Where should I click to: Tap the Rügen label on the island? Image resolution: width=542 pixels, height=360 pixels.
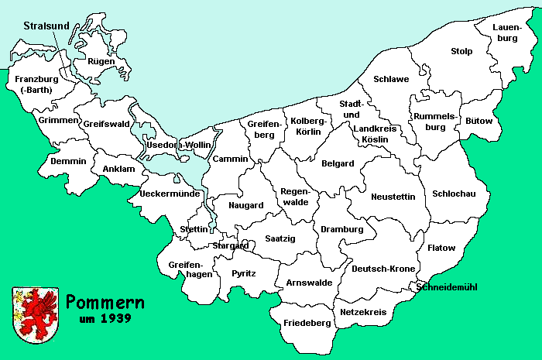coord(101,61)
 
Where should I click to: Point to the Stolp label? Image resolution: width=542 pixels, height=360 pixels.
coord(461,52)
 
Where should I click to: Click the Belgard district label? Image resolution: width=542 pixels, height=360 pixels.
coord(338,163)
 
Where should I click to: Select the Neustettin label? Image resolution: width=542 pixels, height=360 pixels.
coord(393,196)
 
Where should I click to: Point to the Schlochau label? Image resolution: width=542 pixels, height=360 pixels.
coord(454,194)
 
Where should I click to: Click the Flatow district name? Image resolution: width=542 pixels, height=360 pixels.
coord(441,249)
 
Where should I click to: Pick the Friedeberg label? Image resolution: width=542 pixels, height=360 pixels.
coord(302,321)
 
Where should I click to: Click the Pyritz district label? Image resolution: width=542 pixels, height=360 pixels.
coord(243,274)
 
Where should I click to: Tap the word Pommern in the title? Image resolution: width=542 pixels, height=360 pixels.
coord(101,300)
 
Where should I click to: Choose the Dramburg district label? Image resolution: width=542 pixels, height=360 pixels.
coord(341,230)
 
